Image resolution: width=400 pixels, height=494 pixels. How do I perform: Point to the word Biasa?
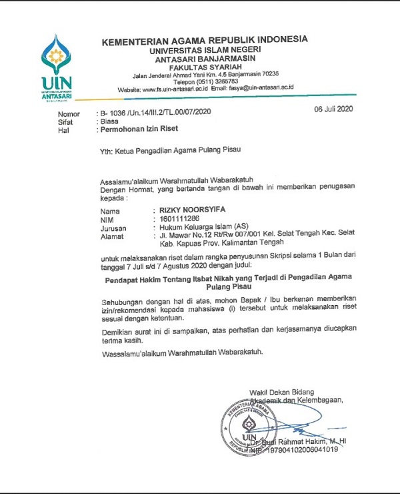point(109,122)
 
